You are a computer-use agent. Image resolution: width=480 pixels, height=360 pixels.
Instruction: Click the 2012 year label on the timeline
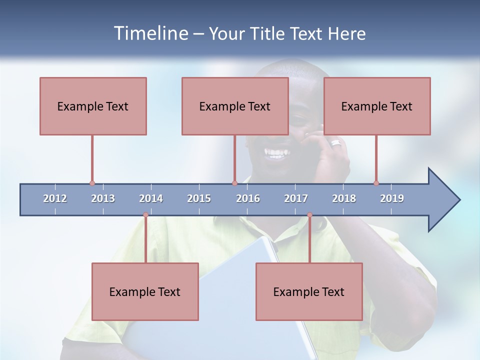(55, 198)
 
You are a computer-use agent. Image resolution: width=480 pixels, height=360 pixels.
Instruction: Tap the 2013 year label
(103, 198)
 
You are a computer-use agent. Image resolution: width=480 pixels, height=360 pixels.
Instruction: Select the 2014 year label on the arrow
(151, 198)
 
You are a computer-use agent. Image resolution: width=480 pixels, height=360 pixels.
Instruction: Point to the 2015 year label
(199, 198)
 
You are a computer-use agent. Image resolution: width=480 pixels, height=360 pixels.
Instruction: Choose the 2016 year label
(248, 198)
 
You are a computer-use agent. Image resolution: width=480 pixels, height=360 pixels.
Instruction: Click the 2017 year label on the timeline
(296, 198)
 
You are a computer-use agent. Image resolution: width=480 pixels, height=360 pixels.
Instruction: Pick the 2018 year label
(344, 198)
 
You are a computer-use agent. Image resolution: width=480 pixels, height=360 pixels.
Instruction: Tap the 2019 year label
(392, 198)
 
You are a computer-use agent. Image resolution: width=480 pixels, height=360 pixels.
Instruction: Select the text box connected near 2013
(93, 106)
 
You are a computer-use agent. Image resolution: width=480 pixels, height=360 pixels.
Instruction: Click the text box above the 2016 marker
(235, 106)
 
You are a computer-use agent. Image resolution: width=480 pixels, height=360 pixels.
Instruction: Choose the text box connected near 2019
(377, 106)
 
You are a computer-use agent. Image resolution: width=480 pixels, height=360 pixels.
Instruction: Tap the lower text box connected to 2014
(145, 291)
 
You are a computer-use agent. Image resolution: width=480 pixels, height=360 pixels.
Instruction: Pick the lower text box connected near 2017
(309, 291)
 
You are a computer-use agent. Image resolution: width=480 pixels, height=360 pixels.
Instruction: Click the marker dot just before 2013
(92, 183)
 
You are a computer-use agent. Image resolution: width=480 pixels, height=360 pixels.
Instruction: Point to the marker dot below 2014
(145, 215)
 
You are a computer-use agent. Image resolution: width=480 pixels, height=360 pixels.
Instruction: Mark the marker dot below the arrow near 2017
(309, 215)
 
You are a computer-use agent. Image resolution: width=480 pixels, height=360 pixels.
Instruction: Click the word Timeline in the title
(150, 33)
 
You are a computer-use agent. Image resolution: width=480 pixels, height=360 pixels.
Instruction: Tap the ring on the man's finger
(335, 143)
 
